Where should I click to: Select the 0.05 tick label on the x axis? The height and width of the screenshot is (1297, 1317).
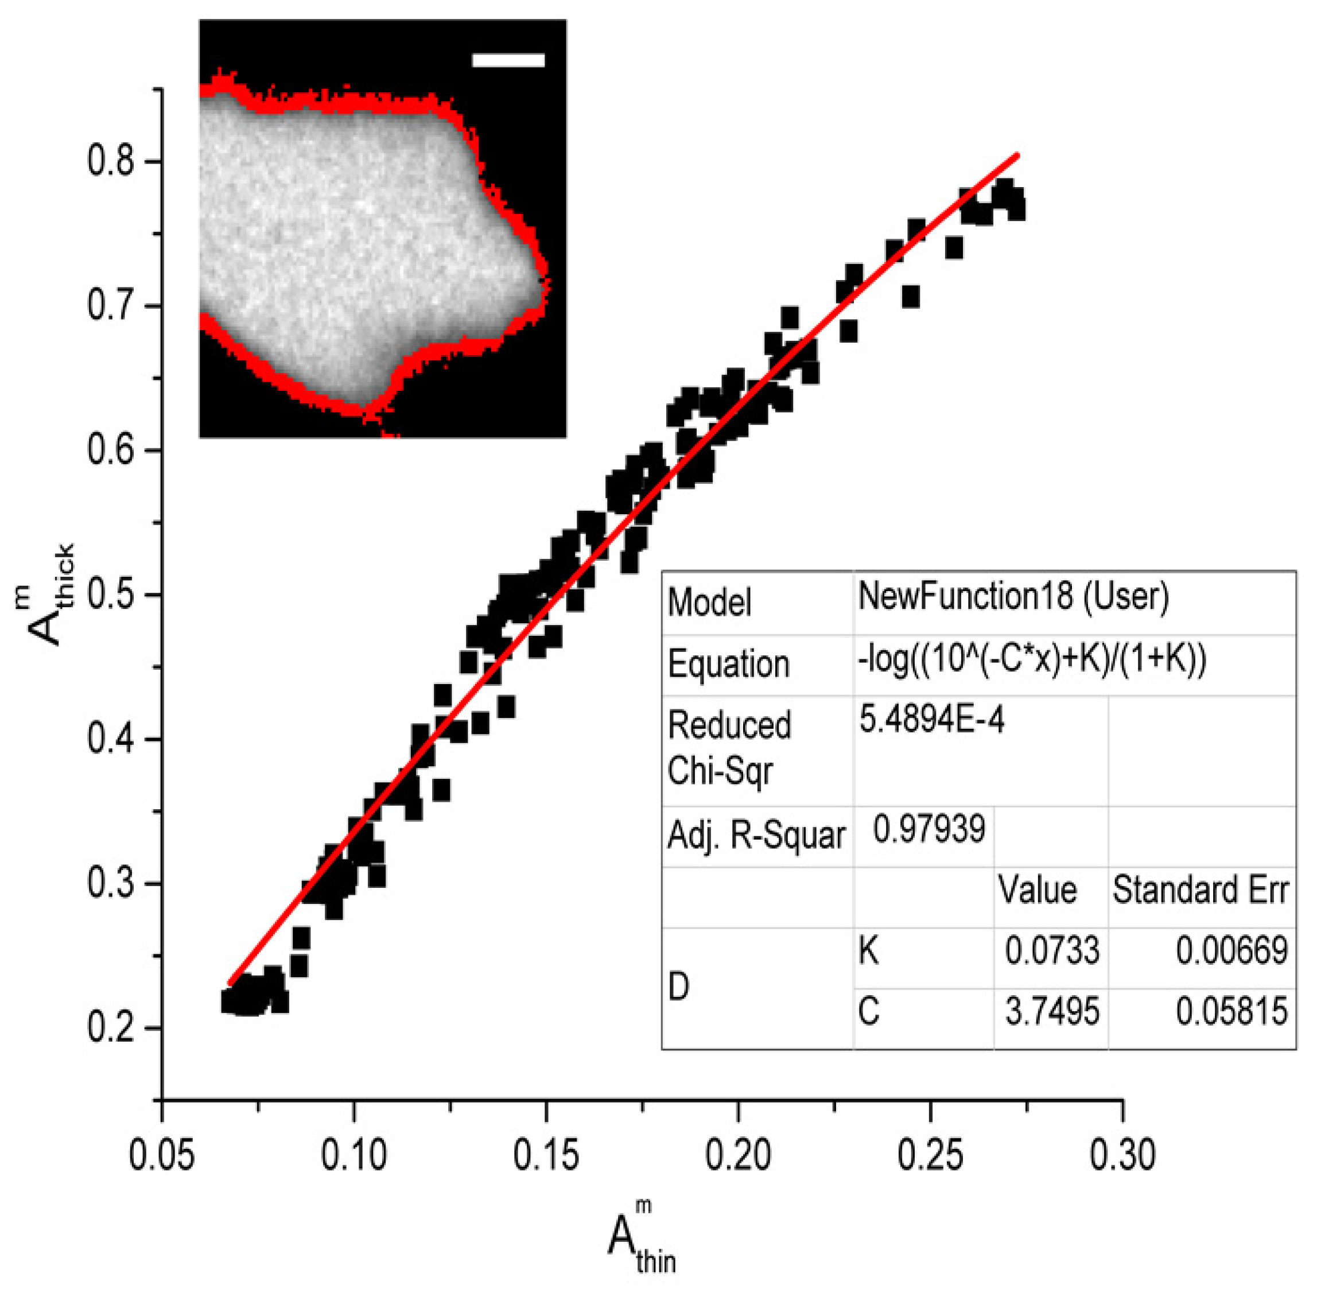pyautogui.click(x=162, y=1156)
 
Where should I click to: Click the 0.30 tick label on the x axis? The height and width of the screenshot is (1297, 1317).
pyautogui.click(x=1122, y=1156)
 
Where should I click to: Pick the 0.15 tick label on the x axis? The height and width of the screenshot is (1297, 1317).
pyautogui.click(x=546, y=1156)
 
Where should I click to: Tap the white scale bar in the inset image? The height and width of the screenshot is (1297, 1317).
pyautogui.click(x=508, y=61)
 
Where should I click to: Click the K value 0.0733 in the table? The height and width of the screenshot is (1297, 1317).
pyautogui.click(x=1051, y=950)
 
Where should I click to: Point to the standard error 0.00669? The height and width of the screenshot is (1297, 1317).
pyautogui.click(x=1231, y=950)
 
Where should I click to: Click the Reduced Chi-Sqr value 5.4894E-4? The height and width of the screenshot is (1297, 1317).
pyautogui.click(x=931, y=720)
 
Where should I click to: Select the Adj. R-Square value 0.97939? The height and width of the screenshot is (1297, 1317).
pyautogui.click(x=928, y=830)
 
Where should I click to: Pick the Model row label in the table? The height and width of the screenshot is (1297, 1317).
pyautogui.click(x=709, y=602)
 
